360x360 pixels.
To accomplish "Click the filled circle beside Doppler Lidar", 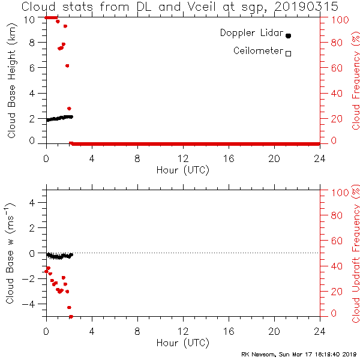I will click(x=288, y=36).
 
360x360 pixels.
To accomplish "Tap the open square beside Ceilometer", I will click(x=288, y=53).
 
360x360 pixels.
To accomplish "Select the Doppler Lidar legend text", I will click(x=251, y=34).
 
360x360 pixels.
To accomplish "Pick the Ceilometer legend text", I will click(x=257, y=51).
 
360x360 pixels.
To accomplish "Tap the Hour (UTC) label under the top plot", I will click(x=183, y=170).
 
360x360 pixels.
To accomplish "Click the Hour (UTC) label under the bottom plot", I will click(x=183, y=343).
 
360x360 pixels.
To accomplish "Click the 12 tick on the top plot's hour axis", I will click(x=183, y=158).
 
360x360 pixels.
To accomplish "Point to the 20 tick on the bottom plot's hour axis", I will click(x=274, y=331).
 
